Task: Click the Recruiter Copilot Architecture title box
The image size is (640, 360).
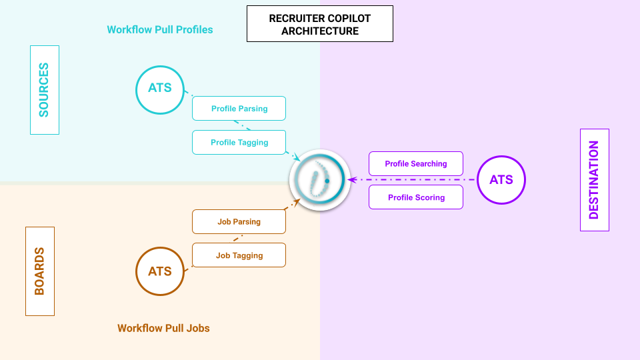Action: click(319, 25)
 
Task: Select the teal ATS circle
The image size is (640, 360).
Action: click(160, 88)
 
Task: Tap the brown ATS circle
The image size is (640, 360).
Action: click(160, 271)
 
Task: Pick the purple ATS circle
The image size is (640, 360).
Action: click(501, 180)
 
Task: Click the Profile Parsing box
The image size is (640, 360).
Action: click(239, 108)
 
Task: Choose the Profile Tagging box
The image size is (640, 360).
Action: click(239, 142)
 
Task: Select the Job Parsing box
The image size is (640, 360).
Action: click(239, 221)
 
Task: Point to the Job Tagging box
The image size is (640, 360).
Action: click(239, 255)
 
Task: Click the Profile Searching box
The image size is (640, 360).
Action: click(416, 163)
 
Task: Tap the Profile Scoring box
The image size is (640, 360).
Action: click(416, 197)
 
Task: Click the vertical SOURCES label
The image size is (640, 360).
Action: click(45, 90)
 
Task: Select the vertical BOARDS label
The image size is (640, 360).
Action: click(40, 271)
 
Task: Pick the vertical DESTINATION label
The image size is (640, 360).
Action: click(595, 180)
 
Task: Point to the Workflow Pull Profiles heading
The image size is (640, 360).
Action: click(160, 30)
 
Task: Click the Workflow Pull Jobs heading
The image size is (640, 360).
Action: click(163, 328)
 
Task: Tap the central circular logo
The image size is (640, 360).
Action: click(319, 180)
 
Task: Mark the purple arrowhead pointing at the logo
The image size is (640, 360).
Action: click(351, 180)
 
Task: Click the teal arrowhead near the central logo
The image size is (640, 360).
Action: click(297, 157)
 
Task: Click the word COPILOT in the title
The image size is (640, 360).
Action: click(347, 19)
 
